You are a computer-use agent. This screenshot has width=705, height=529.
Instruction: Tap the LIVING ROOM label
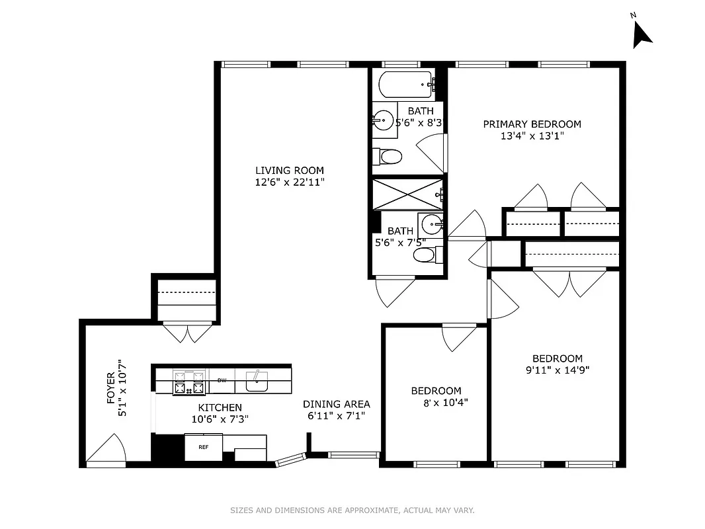point(290,171)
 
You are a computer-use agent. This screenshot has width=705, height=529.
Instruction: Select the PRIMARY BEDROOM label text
point(532,124)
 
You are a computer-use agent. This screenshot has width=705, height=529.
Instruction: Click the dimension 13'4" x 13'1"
point(532,137)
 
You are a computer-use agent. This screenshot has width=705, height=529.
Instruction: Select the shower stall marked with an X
point(406,193)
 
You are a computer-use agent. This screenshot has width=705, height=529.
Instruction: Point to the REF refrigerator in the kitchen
point(204,448)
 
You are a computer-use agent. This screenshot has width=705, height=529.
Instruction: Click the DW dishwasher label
point(222,380)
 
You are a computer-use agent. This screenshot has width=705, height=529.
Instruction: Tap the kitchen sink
point(255,381)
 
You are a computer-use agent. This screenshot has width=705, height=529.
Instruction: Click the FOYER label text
point(111,387)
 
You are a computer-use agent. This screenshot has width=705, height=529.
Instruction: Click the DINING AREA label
point(336,404)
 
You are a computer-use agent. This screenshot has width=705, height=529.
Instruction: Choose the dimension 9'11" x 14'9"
point(557,370)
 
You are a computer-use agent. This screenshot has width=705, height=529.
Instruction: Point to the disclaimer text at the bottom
point(352,510)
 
